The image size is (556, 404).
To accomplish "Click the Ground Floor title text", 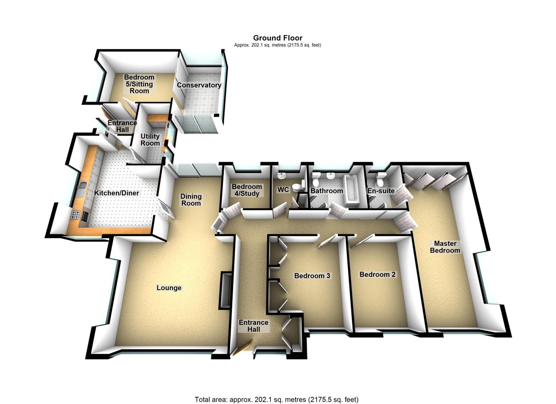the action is pos(277,38).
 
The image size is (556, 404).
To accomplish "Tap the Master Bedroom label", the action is pos(445,247).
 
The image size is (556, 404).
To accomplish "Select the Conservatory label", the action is pos(199,85).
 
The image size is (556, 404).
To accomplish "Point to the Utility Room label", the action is pos(150,140).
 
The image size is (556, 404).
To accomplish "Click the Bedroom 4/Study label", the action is pos(247,190).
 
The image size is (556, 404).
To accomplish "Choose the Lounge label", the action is pos(169,288).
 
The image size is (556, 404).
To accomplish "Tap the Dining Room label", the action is pos(191,200).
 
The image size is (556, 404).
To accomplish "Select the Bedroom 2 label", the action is pos(377,275).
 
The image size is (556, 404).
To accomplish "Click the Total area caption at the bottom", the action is pos(277,393).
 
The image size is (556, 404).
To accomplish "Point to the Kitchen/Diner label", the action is pos(116,193).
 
